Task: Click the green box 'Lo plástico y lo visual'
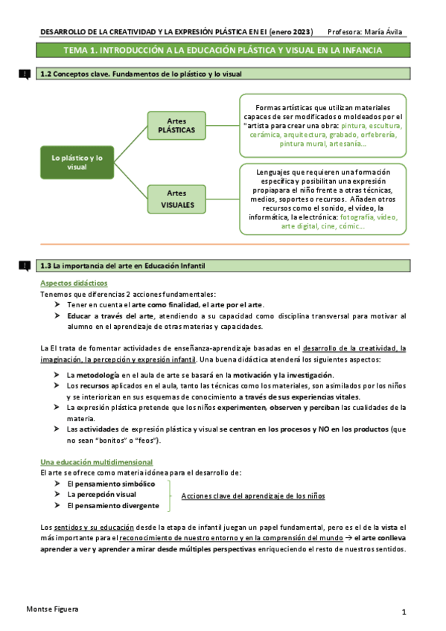(77, 163)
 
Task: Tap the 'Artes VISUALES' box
(176, 198)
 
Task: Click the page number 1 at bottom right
(403, 612)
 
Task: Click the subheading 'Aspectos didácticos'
(73, 284)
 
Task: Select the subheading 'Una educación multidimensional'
(96, 462)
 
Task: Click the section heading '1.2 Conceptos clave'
(141, 74)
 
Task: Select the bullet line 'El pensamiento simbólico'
(111, 484)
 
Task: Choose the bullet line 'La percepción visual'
(101, 494)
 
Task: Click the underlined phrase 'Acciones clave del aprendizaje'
(253, 496)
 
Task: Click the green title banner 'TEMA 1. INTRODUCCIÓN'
(222, 51)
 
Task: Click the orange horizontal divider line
(223, 244)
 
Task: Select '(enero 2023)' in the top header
(287, 31)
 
